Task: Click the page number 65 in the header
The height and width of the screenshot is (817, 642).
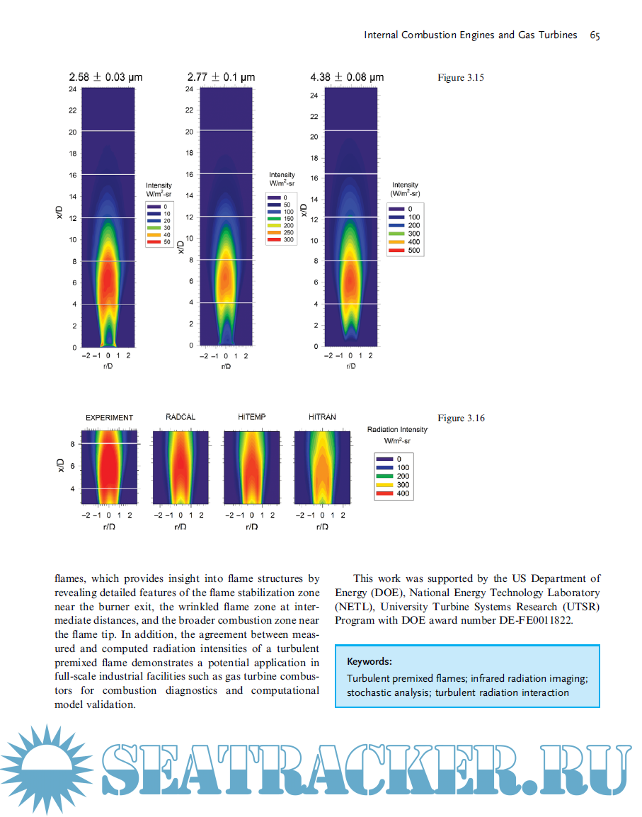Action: coord(595,35)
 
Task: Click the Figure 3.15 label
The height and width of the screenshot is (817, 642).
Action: coord(460,78)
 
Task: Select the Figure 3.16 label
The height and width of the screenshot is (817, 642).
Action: coord(461,418)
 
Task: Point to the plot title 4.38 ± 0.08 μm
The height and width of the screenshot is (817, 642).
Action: coord(347,77)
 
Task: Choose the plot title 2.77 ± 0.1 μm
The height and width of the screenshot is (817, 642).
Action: coord(221,77)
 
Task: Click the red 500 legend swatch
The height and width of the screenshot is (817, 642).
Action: coord(396,251)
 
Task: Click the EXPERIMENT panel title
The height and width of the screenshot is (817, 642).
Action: coord(109,418)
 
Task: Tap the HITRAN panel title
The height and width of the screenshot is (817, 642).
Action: coord(322,418)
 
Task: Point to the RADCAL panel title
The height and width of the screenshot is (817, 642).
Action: coord(180,418)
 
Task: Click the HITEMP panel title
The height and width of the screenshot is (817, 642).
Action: coord(251,418)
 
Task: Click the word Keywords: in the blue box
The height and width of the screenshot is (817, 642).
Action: coord(369,661)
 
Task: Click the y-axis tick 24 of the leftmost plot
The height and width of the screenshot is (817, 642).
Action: coord(73,89)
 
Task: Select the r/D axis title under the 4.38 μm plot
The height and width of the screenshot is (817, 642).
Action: coord(350,366)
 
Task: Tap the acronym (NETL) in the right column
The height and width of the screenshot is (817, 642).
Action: coord(354,607)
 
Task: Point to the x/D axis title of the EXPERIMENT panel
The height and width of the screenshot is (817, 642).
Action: coord(62,466)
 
